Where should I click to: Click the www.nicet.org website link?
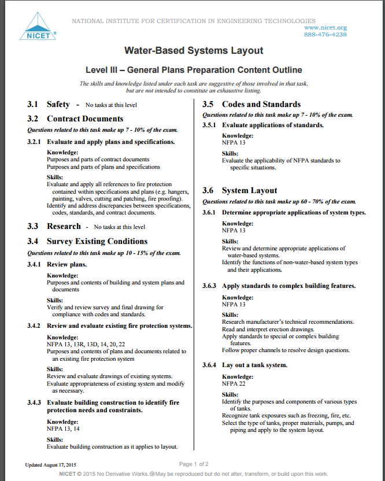point(325,27)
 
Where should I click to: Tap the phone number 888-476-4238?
point(325,35)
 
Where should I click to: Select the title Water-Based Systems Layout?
point(194,51)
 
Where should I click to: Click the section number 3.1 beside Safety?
point(33,105)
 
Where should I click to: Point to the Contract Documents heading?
point(85,119)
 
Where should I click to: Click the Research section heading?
point(64,227)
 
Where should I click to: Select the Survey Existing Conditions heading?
point(97,242)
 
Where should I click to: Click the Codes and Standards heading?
point(261,105)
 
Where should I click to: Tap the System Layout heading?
point(249,191)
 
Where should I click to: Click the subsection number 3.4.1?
point(35,264)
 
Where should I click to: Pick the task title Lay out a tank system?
point(254,365)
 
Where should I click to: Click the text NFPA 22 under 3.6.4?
point(234,383)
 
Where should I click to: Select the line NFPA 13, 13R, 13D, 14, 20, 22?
point(86,344)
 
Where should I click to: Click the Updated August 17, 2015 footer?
point(51,465)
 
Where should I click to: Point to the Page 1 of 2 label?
point(194,464)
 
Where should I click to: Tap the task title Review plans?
point(66,264)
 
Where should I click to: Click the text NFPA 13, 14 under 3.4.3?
point(63,429)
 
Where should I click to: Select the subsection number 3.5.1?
point(209,125)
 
